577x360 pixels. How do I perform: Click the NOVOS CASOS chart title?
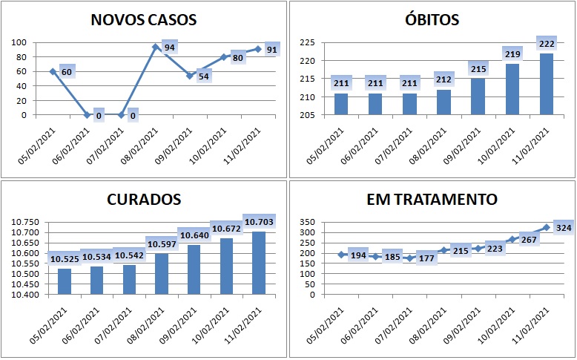coord(144,20)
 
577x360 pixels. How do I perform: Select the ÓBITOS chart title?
coord(432,19)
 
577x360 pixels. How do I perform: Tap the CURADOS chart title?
coord(144,200)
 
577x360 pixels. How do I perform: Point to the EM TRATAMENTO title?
coord(432,200)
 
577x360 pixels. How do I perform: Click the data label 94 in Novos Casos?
coord(170,48)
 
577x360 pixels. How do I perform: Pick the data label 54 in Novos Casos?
coord(203,76)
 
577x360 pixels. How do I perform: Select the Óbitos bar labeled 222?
coord(547,84)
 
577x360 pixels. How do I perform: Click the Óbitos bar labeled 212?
coord(444,102)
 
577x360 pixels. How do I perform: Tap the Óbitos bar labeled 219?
coord(512,89)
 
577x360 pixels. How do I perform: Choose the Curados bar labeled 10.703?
coord(259,263)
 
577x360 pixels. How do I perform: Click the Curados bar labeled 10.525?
coord(65,281)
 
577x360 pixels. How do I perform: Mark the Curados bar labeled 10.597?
coord(162,274)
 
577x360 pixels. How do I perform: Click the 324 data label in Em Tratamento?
coord(564,228)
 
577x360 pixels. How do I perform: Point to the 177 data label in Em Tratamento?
coord(426,258)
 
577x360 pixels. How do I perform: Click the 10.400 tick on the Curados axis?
coord(25,295)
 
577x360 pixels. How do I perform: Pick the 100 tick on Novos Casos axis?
coord(19,42)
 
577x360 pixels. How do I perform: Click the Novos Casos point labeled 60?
coord(53,71)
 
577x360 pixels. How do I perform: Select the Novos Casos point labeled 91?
coord(258,49)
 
